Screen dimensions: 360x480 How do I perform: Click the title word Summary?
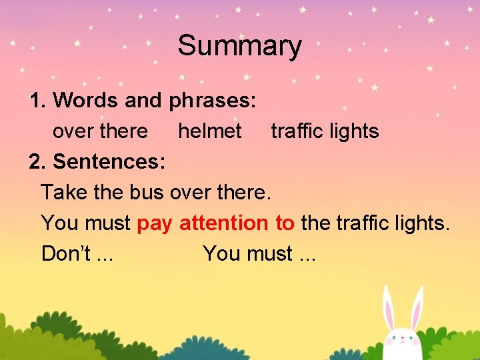pos(239,45)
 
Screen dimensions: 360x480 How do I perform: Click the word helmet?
pos(209,131)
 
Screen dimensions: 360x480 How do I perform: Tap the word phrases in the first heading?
pos(213,101)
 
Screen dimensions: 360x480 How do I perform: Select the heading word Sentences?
pos(109,161)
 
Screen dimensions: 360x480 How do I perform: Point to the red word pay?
pos(154,224)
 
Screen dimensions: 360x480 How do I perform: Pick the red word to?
pos(284,223)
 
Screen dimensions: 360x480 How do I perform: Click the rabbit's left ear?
pos(389,310)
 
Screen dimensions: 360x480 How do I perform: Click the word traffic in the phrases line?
pos(294,131)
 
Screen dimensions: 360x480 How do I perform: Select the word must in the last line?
pos(269,253)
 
